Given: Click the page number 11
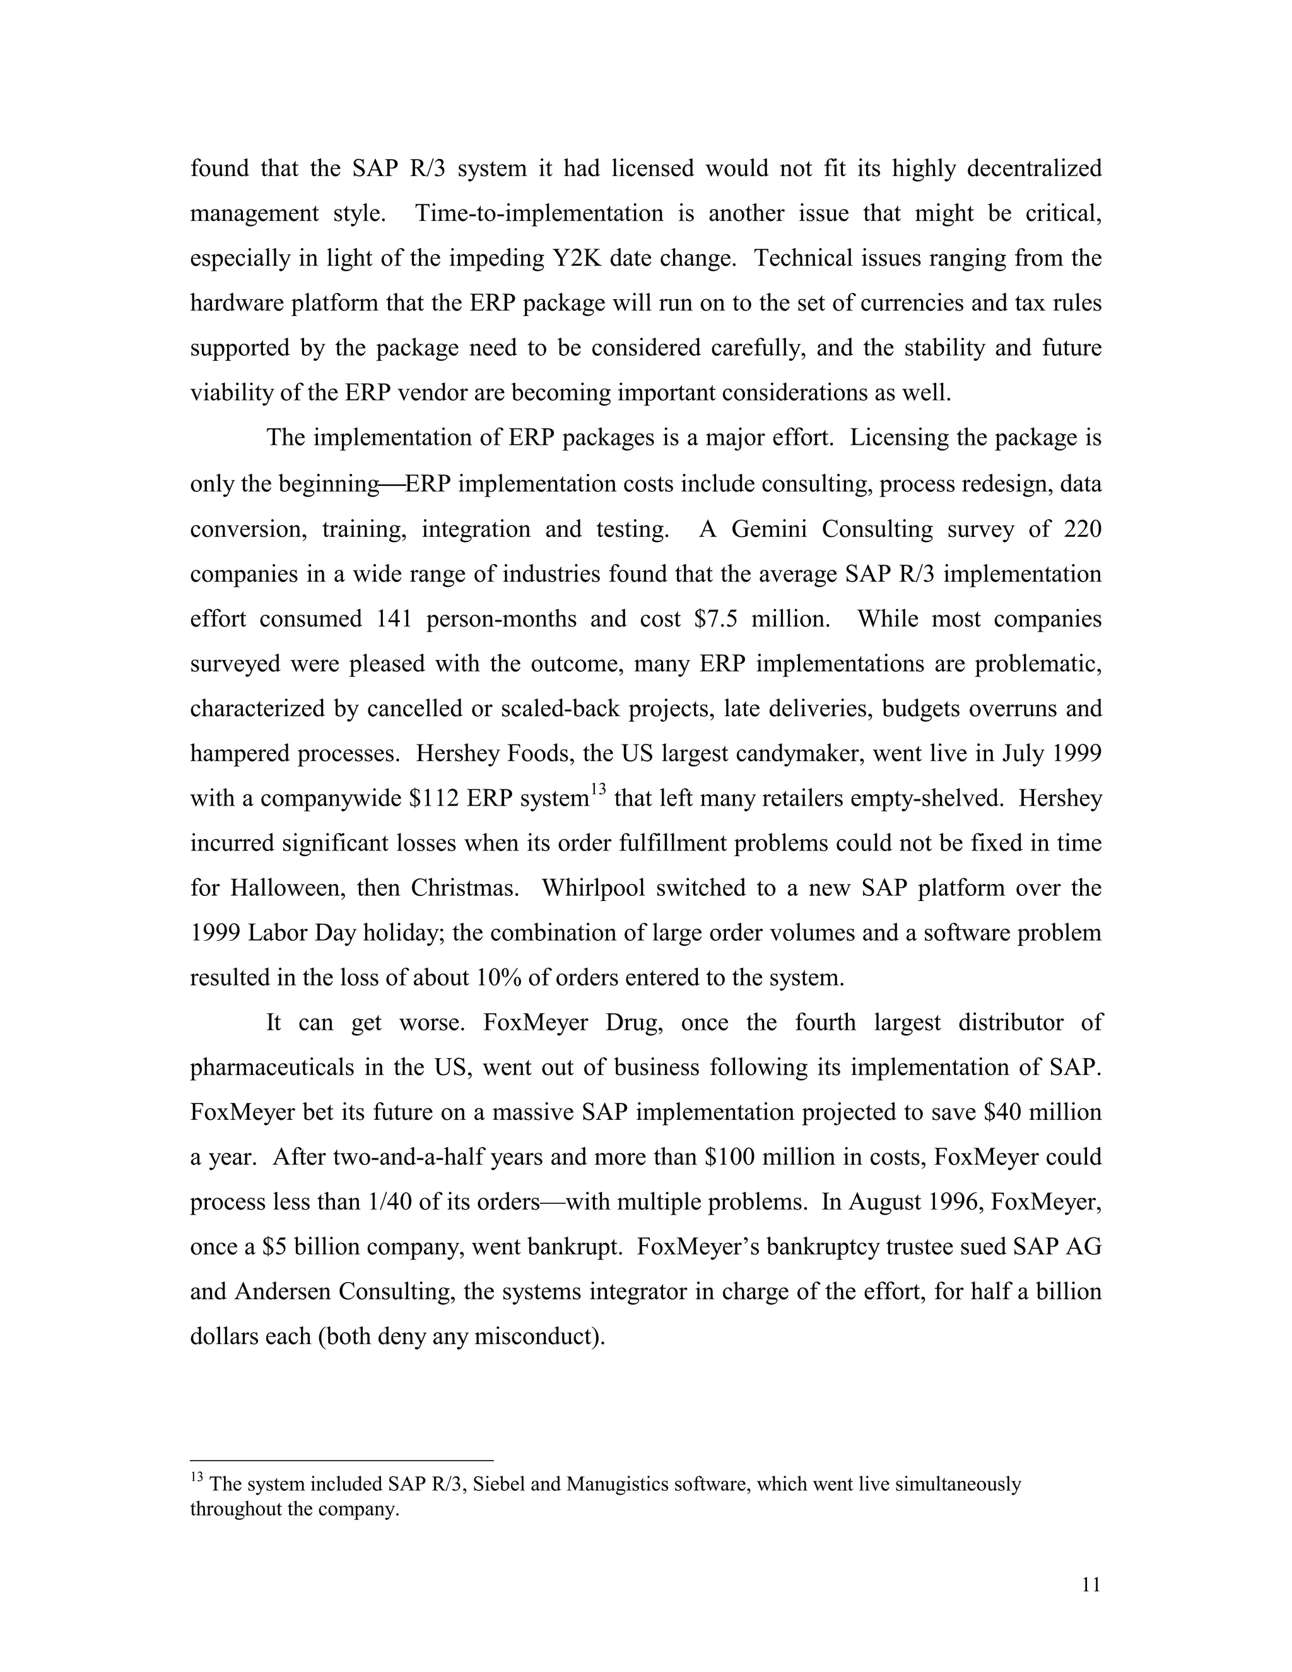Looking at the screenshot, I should click(1091, 1585).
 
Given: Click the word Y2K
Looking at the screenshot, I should click(570, 258).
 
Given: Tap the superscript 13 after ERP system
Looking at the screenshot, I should click(598, 790).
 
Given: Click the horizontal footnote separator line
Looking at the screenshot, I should click(341, 1461).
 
